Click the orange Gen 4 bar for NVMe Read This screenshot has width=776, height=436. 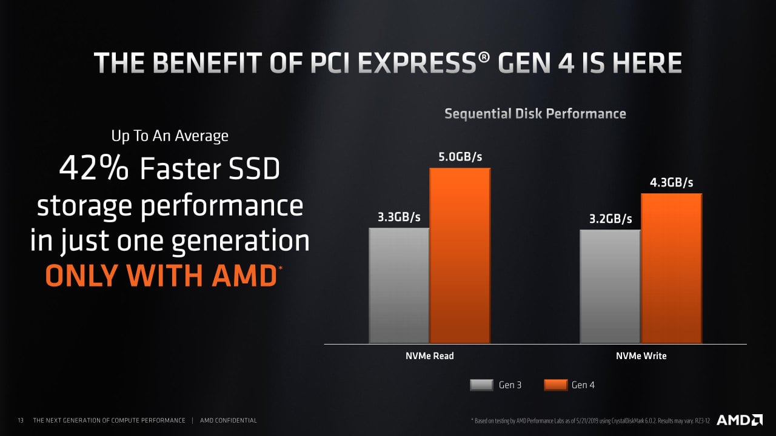coord(460,256)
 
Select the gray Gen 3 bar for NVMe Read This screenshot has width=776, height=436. coord(399,285)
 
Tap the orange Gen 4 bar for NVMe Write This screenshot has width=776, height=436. coord(671,268)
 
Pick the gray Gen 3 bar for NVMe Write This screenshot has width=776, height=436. coord(610,286)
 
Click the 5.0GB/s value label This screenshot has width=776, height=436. coord(460,157)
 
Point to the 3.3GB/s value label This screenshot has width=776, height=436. coord(399,217)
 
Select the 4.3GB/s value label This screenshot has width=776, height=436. coord(672,183)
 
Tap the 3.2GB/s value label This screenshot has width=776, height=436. coord(610,219)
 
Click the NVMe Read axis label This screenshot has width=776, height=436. coord(429,356)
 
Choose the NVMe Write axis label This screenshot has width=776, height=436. coord(641,356)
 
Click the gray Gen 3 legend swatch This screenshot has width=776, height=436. coord(482,385)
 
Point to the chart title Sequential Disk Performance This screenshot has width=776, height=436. coord(535,113)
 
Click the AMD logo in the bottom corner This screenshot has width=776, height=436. coord(740,420)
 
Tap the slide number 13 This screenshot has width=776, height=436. coord(21,420)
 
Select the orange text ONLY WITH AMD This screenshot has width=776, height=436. coord(161,276)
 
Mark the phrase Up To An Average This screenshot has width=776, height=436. coord(170,136)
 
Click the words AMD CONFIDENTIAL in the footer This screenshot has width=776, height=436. coord(228,420)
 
